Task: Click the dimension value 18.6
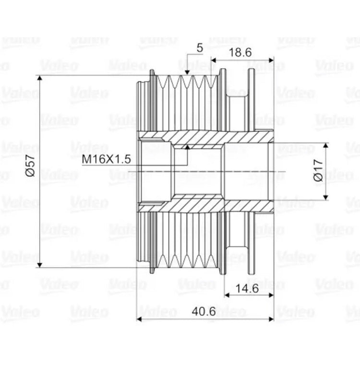(x=240, y=52)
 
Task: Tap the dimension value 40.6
(x=204, y=311)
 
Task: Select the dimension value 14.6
(x=247, y=288)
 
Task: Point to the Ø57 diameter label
(x=31, y=166)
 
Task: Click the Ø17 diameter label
(x=318, y=170)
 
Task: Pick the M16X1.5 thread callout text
(x=107, y=159)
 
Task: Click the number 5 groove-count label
(x=200, y=48)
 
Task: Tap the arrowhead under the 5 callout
(x=187, y=72)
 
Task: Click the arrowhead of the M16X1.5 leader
(x=187, y=147)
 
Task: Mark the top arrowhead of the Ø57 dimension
(x=40, y=78)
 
